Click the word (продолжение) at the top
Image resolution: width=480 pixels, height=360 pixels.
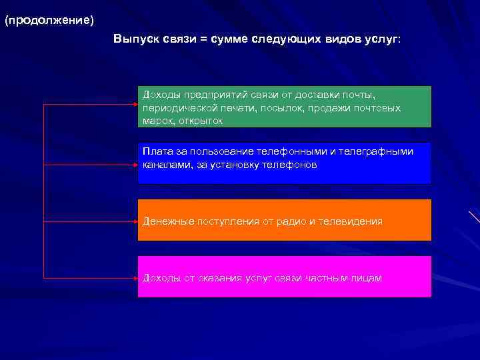49,20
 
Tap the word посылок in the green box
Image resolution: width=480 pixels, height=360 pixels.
283,108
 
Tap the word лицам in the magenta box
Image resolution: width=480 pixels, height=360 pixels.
367,278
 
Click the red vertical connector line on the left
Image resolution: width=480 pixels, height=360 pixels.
43,193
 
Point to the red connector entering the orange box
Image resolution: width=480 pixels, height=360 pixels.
90,221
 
